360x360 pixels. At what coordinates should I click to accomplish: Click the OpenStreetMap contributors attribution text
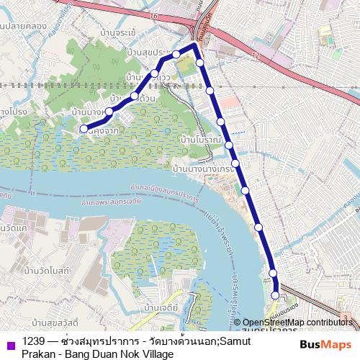[297, 323]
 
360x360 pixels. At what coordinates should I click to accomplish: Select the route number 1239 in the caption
[33, 341]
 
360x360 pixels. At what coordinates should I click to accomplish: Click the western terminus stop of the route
[84, 130]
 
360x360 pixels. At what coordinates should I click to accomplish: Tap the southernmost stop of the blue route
[276, 294]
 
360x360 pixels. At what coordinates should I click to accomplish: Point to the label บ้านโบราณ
[202, 138]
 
